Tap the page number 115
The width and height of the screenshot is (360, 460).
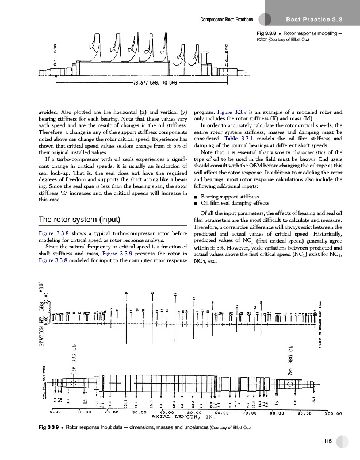[x=328, y=441]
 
